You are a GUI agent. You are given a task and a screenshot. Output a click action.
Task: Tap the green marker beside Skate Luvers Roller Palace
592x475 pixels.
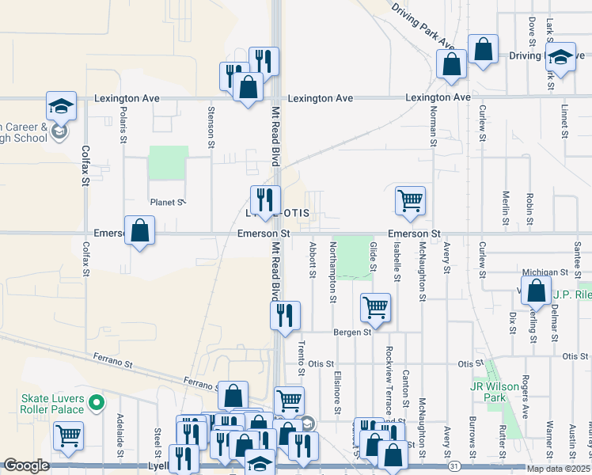(x=97, y=404)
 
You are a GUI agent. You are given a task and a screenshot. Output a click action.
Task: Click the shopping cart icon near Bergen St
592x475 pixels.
(x=375, y=307)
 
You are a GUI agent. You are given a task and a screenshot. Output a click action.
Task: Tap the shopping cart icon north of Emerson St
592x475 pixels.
(x=410, y=200)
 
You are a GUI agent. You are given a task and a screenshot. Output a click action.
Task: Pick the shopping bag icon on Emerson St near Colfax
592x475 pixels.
(x=139, y=230)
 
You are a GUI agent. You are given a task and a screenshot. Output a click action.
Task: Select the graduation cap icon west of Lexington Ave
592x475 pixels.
(x=60, y=107)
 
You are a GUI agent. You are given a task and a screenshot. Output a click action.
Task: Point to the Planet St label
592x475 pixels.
(x=166, y=203)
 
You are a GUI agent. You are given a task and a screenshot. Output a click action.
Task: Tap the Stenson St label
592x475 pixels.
(x=211, y=127)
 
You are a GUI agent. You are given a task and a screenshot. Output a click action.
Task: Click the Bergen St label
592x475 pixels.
(x=352, y=332)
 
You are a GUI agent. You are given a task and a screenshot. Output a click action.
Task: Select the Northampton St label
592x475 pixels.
(x=333, y=266)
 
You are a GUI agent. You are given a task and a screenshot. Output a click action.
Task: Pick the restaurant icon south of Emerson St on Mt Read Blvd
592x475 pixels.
(x=285, y=315)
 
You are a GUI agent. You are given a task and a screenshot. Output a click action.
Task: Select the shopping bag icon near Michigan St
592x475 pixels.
(x=537, y=291)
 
